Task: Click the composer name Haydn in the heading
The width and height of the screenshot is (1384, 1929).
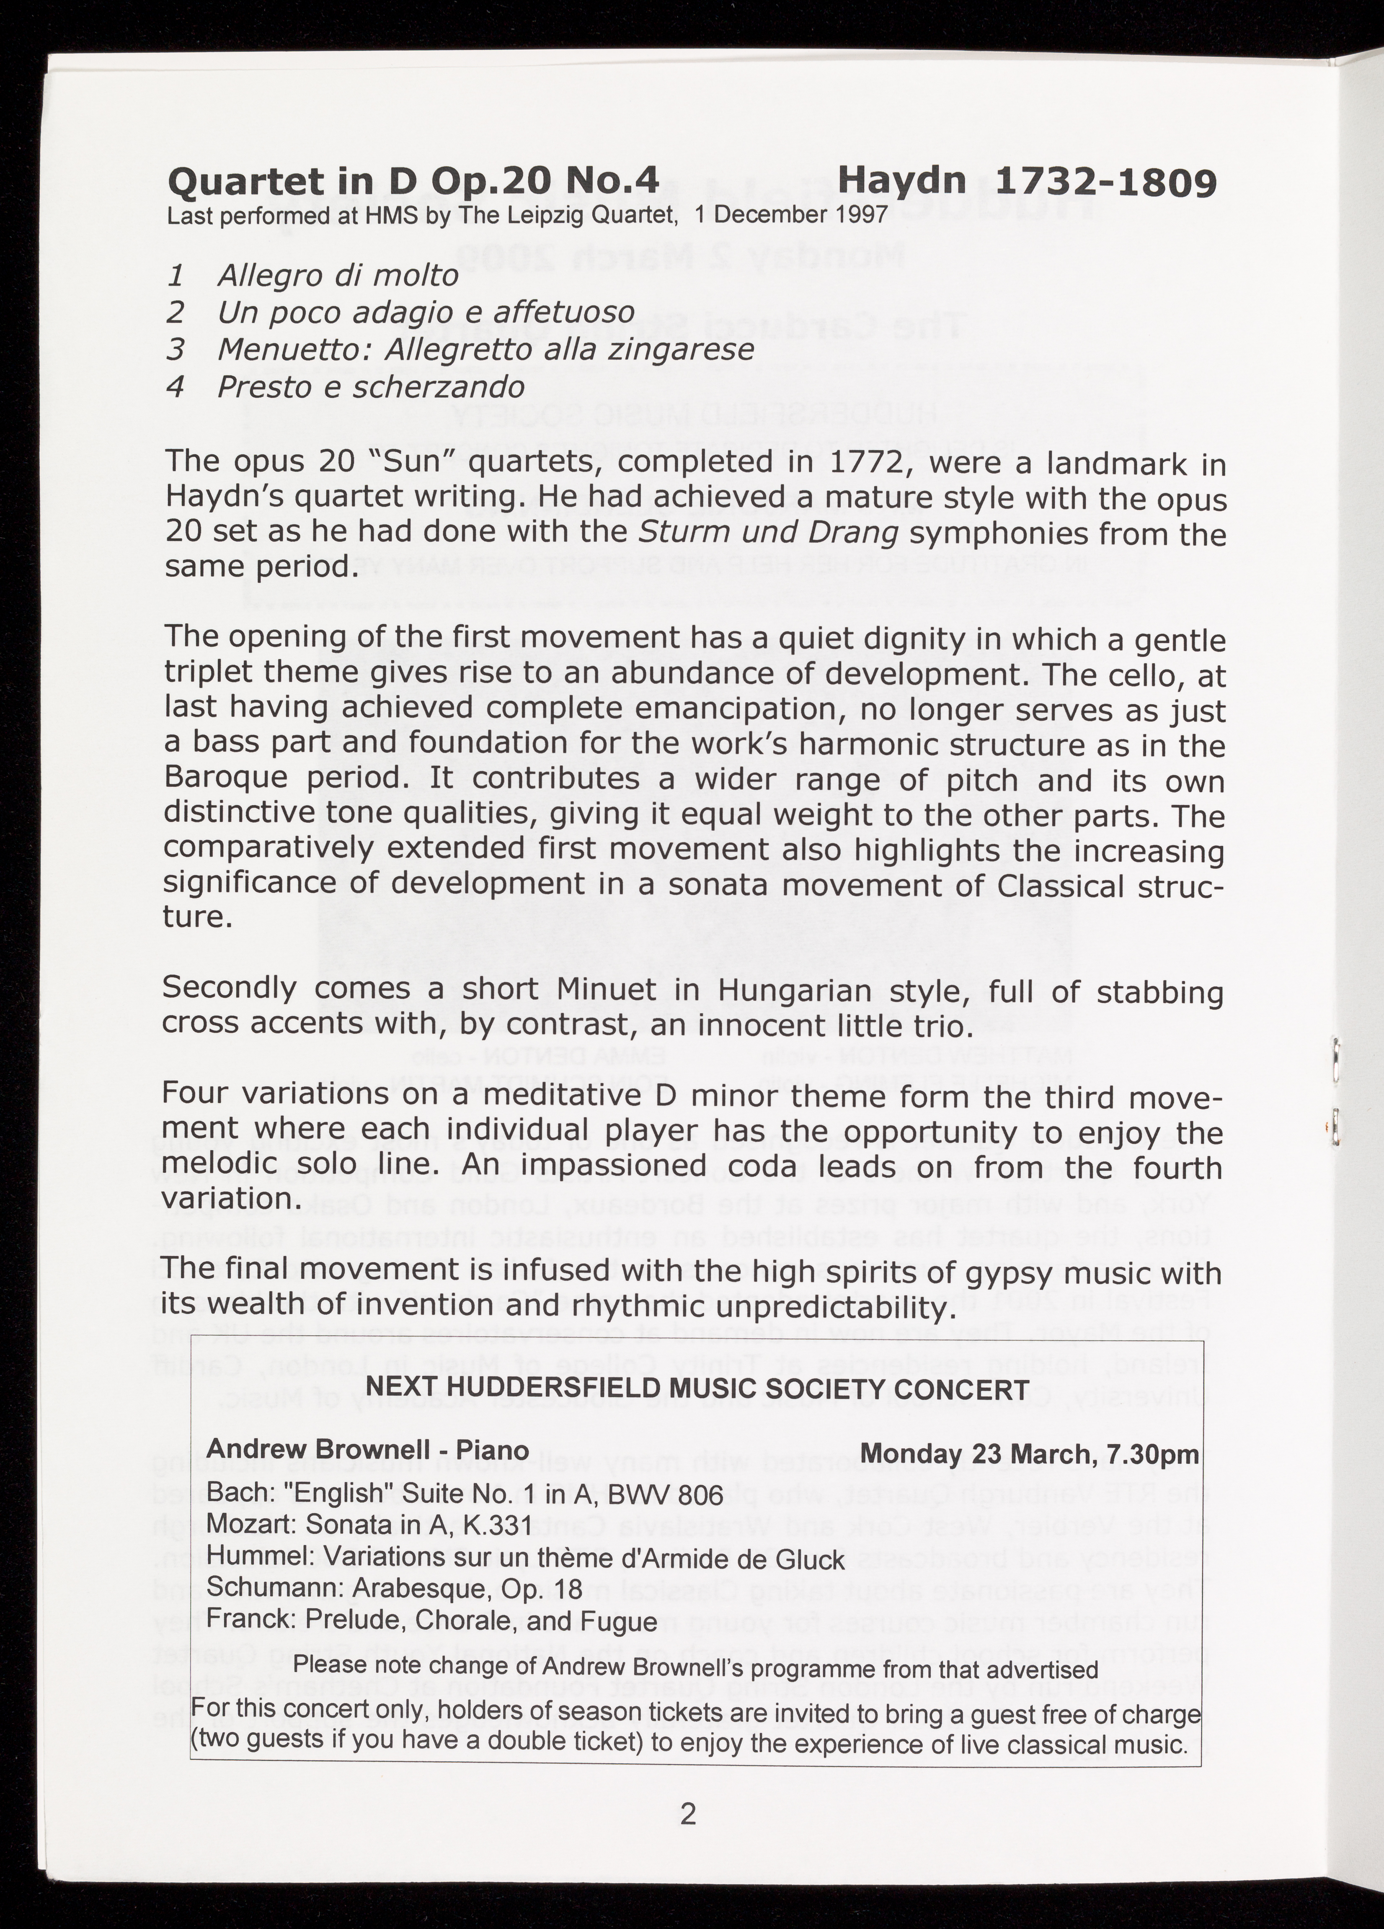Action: [x=903, y=180]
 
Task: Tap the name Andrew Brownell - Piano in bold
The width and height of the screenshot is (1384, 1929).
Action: [x=367, y=1449]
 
